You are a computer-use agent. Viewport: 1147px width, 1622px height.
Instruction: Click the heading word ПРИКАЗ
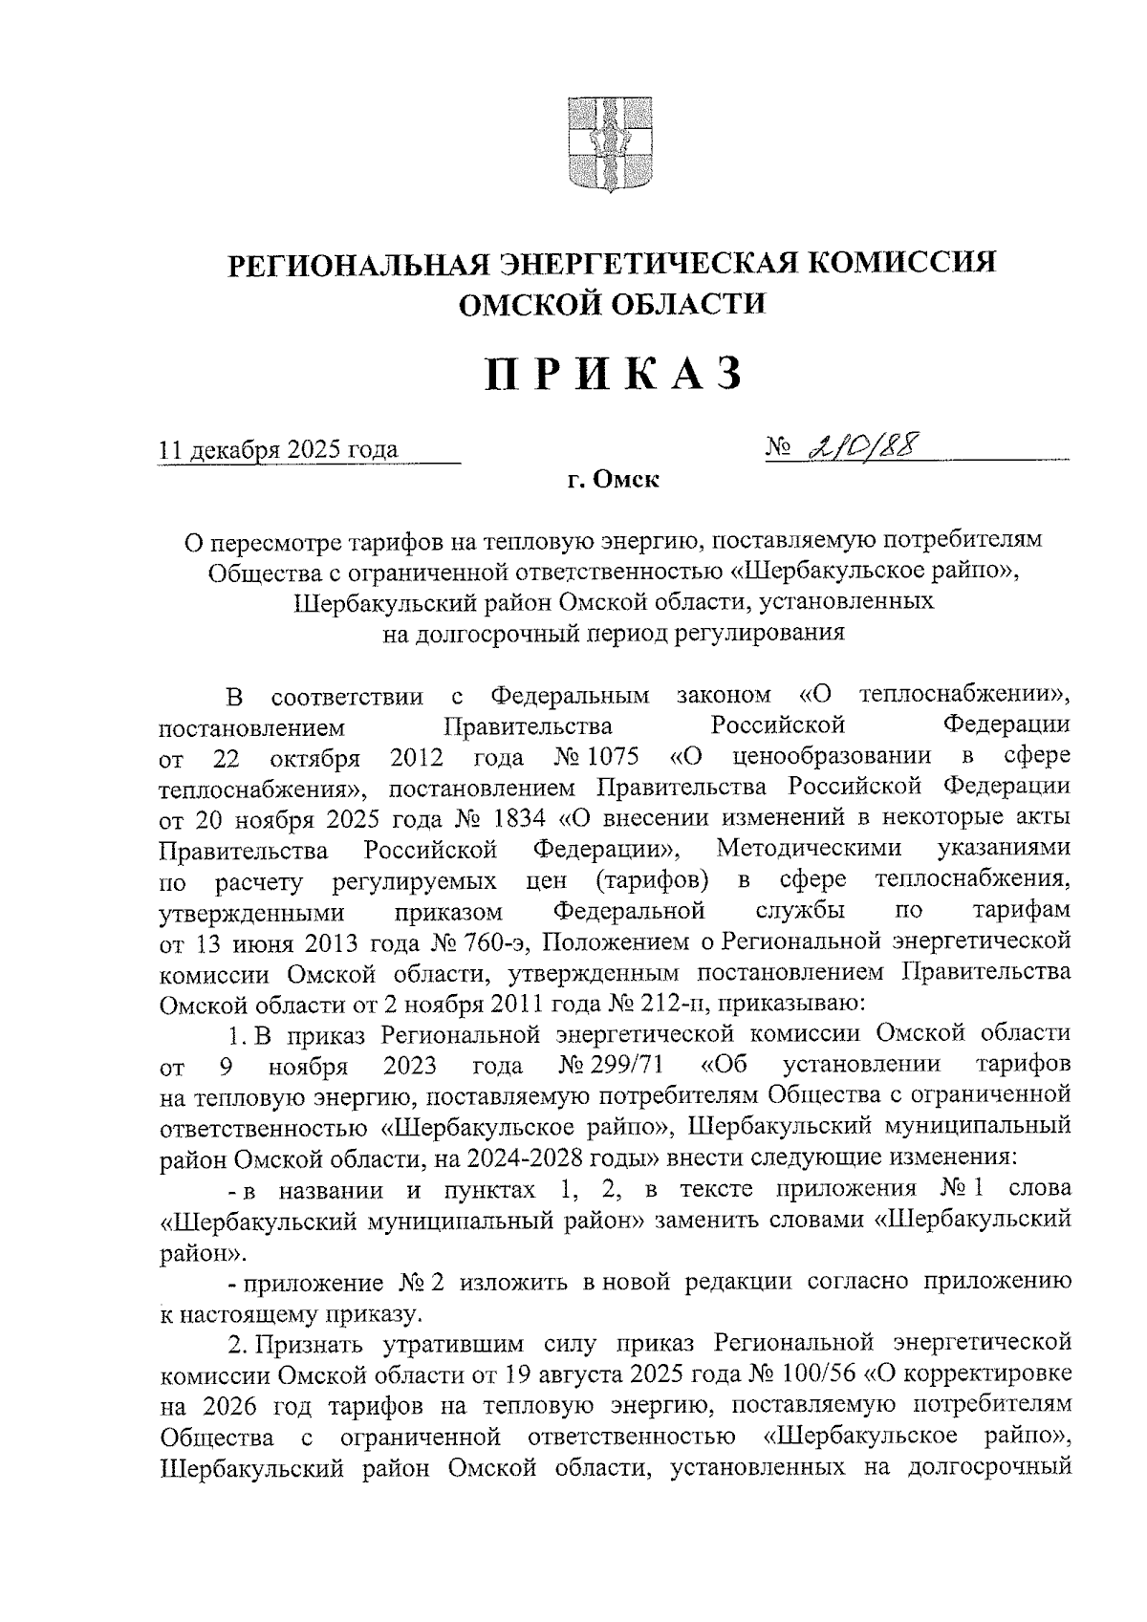[613, 374]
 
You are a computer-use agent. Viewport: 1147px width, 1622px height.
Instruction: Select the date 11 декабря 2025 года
[279, 449]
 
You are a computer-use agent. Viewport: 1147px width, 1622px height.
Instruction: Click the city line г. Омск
[613, 480]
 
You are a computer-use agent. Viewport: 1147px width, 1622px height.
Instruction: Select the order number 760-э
[485, 942]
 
